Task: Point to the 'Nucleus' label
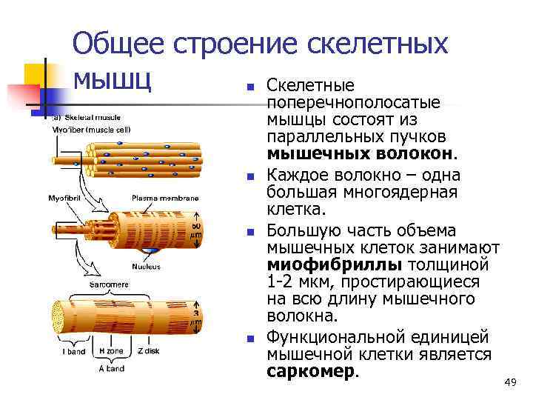146,266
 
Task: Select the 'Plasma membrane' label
165,198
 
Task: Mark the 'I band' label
73,352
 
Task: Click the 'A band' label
113,367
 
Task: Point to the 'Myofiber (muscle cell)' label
90,129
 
